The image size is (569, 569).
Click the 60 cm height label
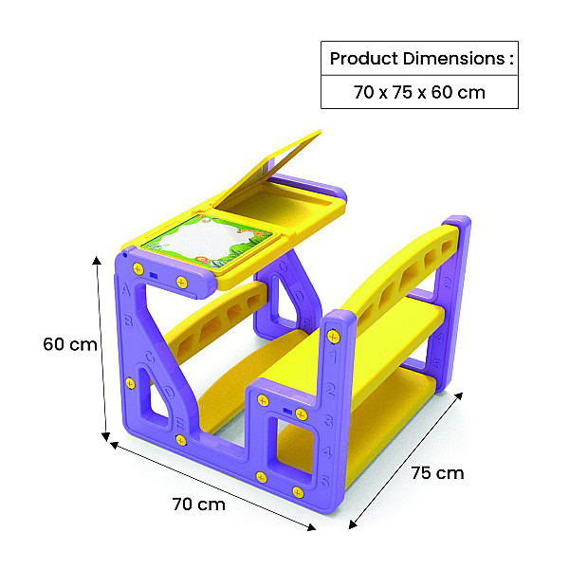tap(70, 344)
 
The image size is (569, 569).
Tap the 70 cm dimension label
tap(198, 505)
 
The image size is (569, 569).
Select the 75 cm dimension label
tap(437, 473)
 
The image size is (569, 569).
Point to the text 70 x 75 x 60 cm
tap(419, 92)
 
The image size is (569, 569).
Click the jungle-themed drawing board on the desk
tap(211, 241)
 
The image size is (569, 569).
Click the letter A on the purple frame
tap(125, 290)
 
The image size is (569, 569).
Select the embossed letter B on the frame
tap(128, 321)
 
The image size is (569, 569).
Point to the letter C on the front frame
tap(149, 358)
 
